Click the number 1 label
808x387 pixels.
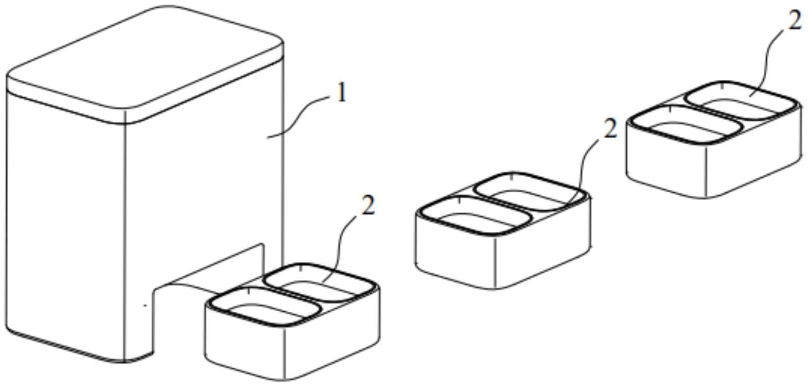(x=341, y=93)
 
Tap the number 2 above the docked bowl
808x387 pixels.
(x=368, y=206)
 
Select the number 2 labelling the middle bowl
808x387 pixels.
(x=610, y=129)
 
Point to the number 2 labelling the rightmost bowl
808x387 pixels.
(x=795, y=21)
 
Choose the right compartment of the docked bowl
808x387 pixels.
(x=318, y=282)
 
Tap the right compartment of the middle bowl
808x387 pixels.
(x=529, y=192)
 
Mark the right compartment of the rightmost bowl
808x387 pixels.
(x=741, y=100)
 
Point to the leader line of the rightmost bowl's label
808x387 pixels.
(x=767, y=62)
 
